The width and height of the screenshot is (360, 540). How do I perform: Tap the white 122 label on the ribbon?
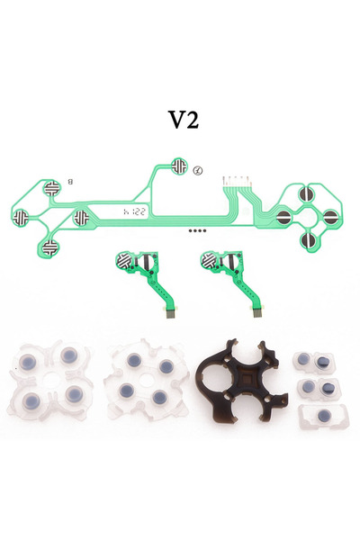pyautogui.click(x=134, y=212)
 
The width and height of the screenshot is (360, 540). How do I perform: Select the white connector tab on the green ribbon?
pyautogui.click(x=236, y=179)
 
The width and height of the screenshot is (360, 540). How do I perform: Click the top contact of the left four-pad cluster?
pyautogui.click(x=53, y=188)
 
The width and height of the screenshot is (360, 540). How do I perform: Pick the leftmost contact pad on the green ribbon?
pyautogui.click(x=24, y=216)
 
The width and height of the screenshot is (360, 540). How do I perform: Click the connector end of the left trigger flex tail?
pyautogui.click(x=173, y=315)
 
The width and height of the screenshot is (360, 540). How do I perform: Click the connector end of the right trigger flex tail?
pyautogui.click(x=258, y=315)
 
